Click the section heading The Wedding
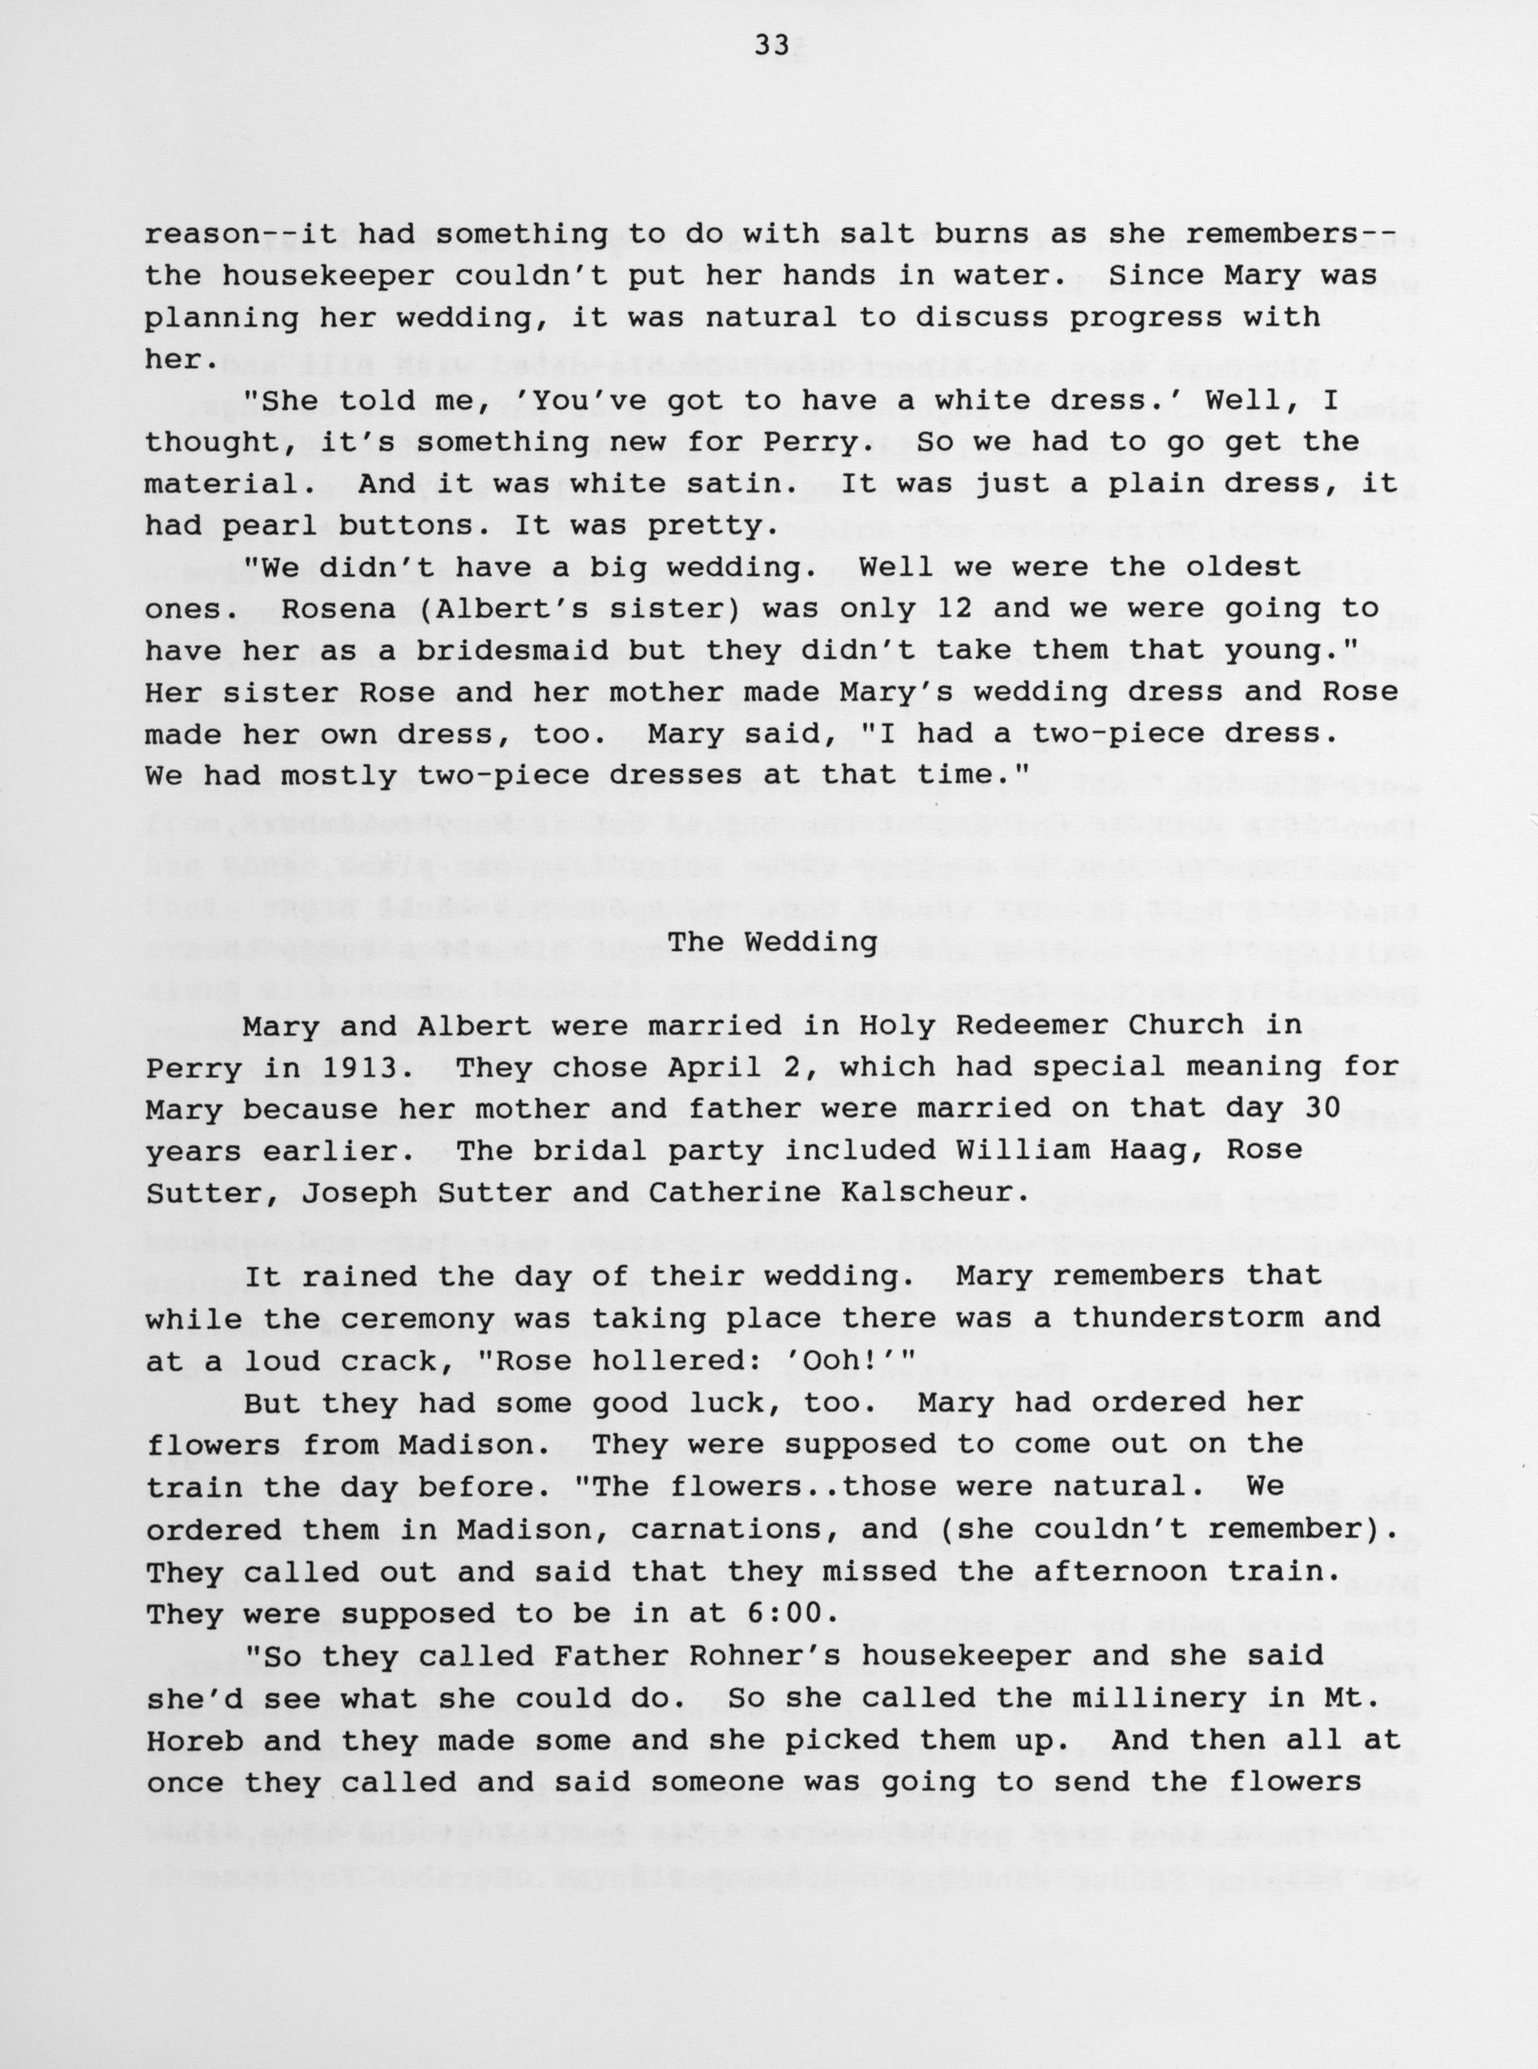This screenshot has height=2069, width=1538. click(773, 943)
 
